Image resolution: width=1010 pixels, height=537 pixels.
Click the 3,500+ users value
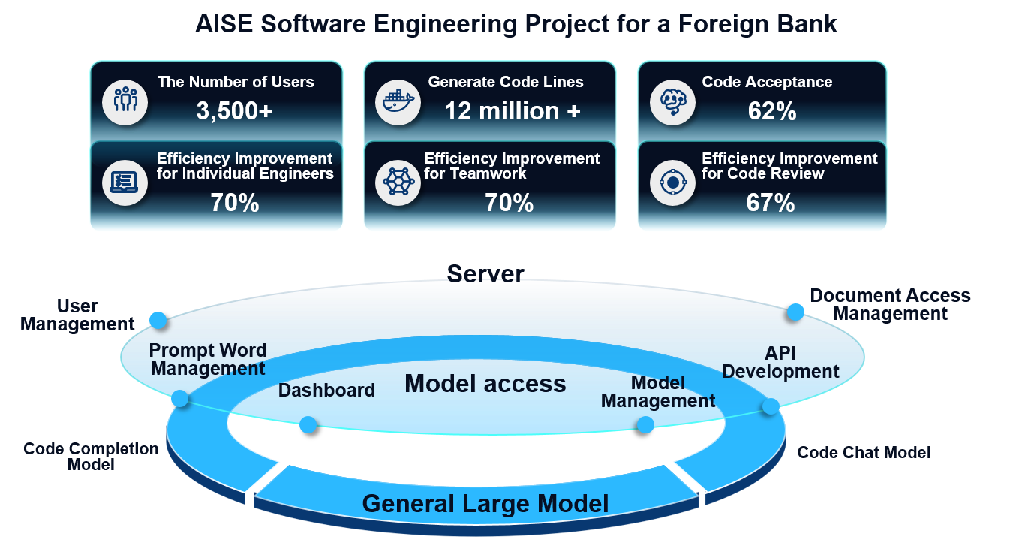tap(234, 111)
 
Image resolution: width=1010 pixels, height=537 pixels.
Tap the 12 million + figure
tap(513, 111)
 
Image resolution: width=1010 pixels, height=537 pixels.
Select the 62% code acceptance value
tap(772, 111)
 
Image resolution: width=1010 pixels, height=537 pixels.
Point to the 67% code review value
tap(771, 203)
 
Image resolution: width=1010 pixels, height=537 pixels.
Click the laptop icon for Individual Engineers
tap(125, 182)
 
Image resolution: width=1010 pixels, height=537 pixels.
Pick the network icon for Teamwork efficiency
tap(398, 182)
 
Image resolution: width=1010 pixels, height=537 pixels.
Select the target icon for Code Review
tap(672, 182)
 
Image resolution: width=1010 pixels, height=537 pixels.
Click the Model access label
tap(485, 384)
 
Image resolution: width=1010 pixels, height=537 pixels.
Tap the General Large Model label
tap(485, 503)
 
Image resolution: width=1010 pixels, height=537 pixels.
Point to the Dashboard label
tap(326, 391)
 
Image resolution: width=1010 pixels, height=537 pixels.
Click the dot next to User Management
tap(158, 321)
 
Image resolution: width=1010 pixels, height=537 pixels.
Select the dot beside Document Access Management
tap(795, 312)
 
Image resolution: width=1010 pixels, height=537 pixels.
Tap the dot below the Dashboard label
tap(308, 425)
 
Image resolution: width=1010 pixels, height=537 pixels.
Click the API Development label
tap(780, 363)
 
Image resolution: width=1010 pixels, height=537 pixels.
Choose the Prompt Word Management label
tap(208, 360)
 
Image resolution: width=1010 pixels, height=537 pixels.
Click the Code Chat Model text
tap(864, 452)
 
